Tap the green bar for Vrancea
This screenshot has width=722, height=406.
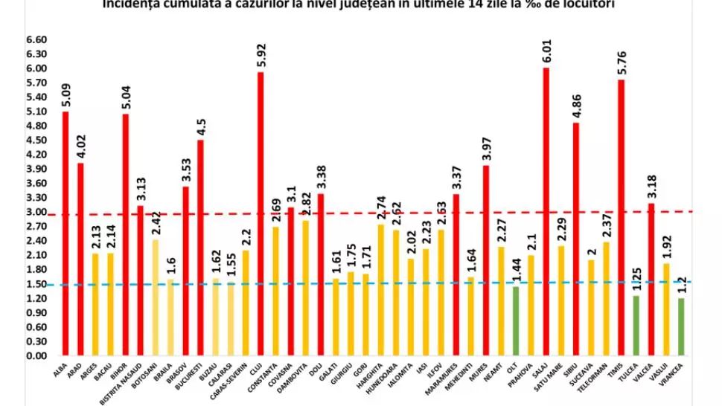pyautogui.click(x=682, y=327)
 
